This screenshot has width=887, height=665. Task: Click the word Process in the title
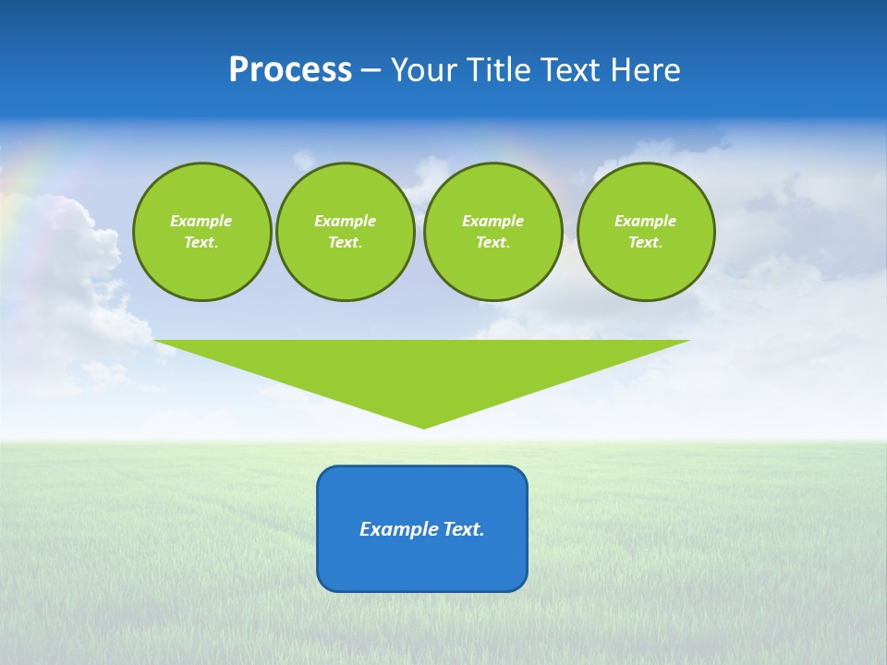click(290, 70)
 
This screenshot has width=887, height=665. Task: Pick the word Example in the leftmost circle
click(201, 221)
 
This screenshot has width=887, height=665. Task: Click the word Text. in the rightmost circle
click(646, 242)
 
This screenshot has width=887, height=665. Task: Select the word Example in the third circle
click(492, 221)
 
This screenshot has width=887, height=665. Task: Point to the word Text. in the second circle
click(345, 242)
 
